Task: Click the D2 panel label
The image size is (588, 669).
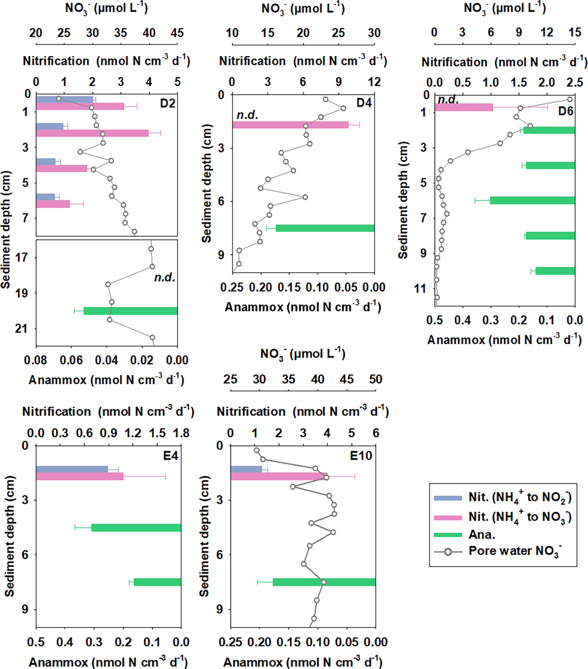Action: coord(168,104)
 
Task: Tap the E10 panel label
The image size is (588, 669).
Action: coord(361,456)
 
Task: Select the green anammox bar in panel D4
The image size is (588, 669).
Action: coord(324,228)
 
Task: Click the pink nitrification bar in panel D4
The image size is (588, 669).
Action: coord(290,125)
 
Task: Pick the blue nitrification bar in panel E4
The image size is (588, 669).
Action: coord(72,469)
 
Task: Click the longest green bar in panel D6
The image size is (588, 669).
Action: coord(532,200)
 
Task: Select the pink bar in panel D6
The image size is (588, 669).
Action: coord(464,107)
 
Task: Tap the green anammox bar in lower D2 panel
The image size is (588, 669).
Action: coord(130,311)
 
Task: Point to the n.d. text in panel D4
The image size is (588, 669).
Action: coord(247,115)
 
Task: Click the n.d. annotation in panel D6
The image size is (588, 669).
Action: coord(448,99)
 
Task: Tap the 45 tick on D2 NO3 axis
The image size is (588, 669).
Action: coord(177,33)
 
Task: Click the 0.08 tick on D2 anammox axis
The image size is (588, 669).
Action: coord(35,360)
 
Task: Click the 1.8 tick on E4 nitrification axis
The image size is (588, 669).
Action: coord(181,433)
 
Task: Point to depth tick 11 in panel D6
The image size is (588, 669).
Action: coord(420,289)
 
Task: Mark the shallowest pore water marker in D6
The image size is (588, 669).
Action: coord(570,99)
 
